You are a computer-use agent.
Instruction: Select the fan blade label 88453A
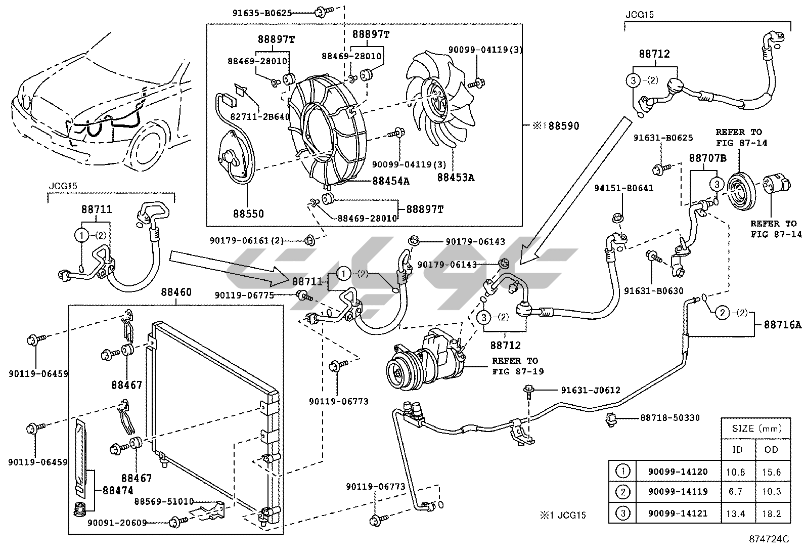[x=457, y=178]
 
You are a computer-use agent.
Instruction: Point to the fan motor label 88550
[x=248, y=214]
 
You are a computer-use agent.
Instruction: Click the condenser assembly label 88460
[x=176, y=292]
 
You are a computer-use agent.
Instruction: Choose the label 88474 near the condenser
[x=117, y=490]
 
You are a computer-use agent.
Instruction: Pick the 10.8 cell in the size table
[x=735, y=472]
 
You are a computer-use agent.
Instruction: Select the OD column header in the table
[x=771, y=449]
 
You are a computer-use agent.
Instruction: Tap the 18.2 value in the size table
[x=771, y=514]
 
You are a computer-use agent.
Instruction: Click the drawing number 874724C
[x=770, y=539]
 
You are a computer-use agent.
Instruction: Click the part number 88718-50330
[x=670, y=417]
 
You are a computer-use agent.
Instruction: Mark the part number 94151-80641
[x=623, y=188]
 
